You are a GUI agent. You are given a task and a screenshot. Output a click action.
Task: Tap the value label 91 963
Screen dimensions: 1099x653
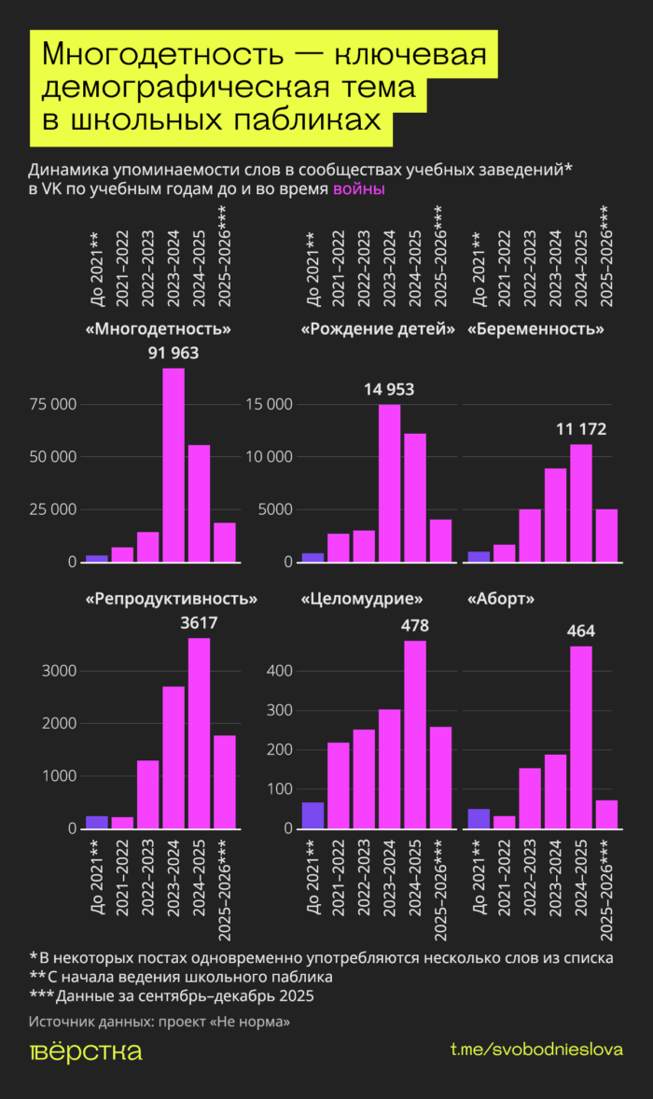[x=174, y=353]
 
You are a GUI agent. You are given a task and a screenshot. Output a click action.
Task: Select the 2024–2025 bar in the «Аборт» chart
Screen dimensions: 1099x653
[x=581, y=737]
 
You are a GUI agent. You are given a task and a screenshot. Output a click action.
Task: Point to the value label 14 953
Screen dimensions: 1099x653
[x=388, y=390]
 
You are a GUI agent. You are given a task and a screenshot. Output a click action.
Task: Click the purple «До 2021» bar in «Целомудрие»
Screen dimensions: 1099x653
[x=313, y=816]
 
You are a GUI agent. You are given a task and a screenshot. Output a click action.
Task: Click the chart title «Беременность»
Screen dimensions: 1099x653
[x=535, y=329]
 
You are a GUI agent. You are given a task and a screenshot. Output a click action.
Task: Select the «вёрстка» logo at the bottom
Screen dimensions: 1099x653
[x=86, y=1051]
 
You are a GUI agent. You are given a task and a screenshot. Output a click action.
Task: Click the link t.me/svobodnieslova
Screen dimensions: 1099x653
[x=536, y=1050]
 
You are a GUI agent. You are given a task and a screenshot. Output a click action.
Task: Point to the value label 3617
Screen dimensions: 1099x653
[x=199, y=622]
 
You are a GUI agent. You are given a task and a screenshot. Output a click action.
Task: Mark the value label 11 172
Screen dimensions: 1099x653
[x=581, y=429]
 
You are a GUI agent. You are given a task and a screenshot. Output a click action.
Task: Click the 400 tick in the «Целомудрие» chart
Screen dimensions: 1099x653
[x=281, y=671]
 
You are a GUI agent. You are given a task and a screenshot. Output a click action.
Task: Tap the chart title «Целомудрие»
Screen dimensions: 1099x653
[x=363, y=598]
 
